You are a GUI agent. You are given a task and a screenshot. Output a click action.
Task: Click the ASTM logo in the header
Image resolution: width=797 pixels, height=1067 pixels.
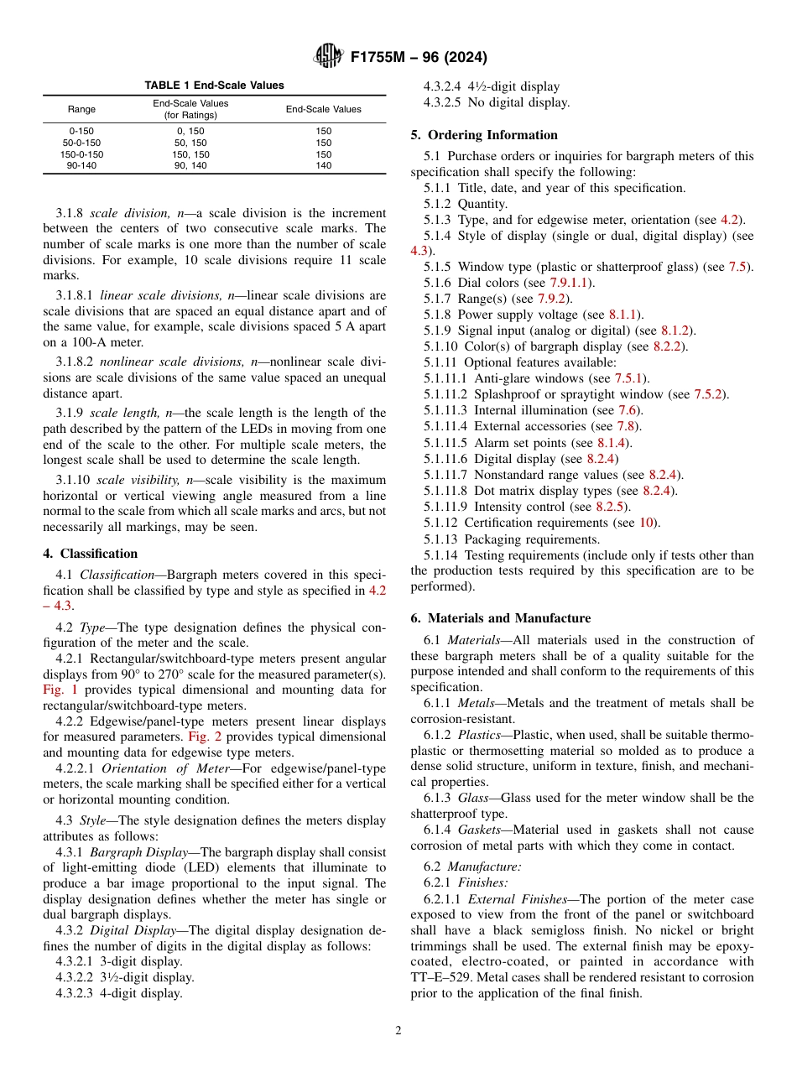pyautogui.click(x=328, y=57)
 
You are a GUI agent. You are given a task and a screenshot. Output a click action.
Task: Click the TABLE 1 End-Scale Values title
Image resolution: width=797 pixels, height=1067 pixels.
pyautogui.click(x=214, y=86)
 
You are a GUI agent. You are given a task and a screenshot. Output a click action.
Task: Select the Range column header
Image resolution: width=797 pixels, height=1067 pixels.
pyautogui.click(x=81, y=109)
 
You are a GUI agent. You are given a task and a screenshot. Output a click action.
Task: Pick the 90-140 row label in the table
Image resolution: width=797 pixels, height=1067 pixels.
pyautogui.click(x=81, y=165)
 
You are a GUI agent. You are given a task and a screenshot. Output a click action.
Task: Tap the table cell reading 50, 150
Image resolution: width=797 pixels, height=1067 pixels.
pyautogui.click(x=190, y=143)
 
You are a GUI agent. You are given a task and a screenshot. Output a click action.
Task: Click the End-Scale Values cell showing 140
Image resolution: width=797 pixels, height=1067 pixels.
pyautogui.click(x=324, y=165)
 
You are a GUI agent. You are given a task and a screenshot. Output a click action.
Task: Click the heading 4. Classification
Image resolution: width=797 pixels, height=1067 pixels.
pyautogui.click(x=90, y=554)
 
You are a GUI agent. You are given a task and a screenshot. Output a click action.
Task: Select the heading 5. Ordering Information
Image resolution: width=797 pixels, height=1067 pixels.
pyautogui.click(x=484, y=135)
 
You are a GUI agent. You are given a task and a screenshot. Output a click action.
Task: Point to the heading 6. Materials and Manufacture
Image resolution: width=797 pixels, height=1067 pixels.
pyautogui.click(x=500, y=618)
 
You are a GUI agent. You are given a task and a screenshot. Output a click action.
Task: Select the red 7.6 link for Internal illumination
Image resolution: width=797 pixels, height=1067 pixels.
pyautogui.click(x=628, y=410)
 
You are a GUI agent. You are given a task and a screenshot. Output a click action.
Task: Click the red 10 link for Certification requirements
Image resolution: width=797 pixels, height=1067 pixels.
pyautogui.click(x=646, y=523)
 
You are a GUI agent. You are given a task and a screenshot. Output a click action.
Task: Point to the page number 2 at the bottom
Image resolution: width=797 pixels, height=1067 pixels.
pyautogui.click(x=398, y=1030)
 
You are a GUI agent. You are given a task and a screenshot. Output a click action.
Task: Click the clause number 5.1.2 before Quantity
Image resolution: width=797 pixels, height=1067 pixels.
pyautogui.click(x=438, y=204)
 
